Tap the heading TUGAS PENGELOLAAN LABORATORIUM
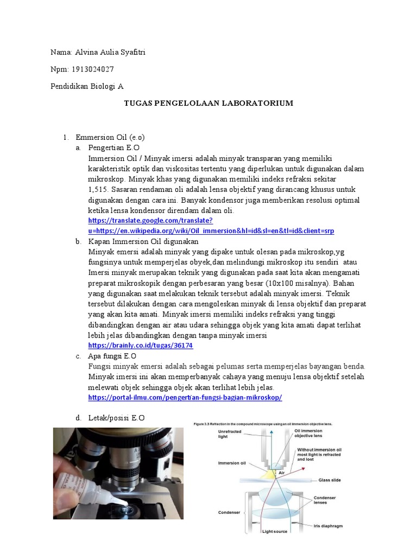[x=208, y=102]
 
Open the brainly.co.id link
[x=141, y=345]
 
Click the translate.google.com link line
[x=150, y=221]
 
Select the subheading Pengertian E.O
[x=113, y=148]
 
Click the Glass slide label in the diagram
[x=330, y=480]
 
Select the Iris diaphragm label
[x=327, y=525]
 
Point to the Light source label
[x=275, y=531]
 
